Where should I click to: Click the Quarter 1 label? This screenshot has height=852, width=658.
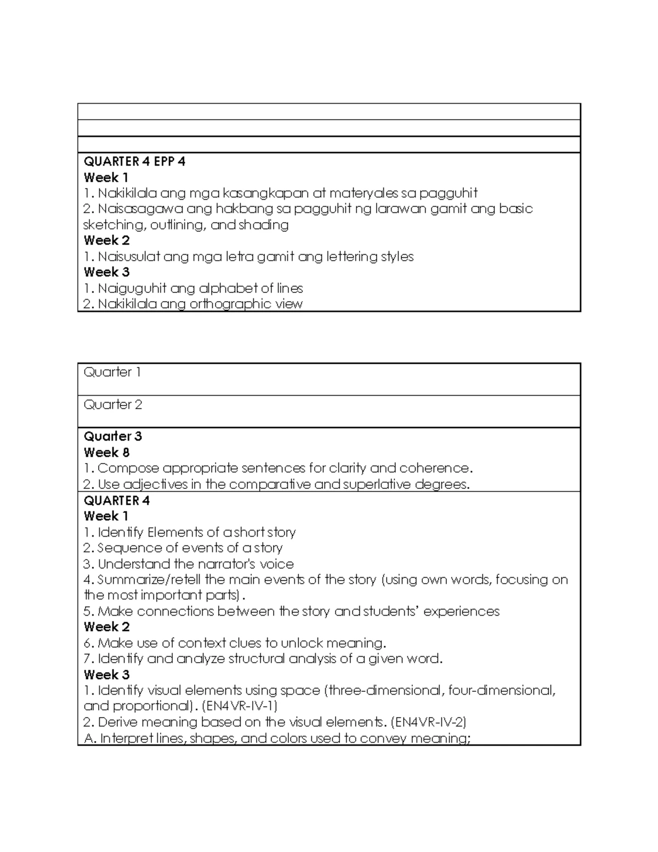point(112,373)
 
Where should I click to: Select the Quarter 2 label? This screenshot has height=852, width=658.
point(112,405)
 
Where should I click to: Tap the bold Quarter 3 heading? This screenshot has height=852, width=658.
point(112,437)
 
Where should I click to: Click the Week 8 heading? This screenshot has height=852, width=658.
point(106,453)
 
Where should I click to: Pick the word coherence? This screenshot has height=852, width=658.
point(435,469)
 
